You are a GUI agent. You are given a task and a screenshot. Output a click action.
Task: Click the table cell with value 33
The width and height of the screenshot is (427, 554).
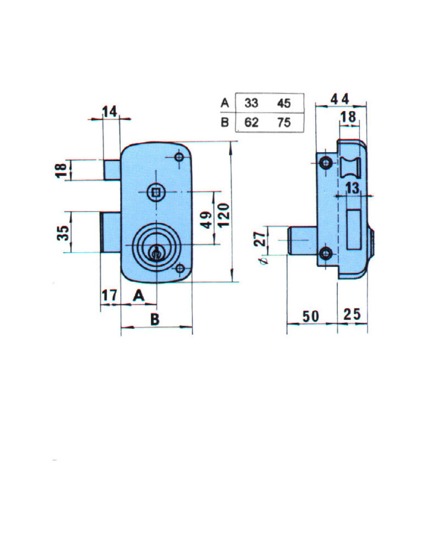pos(251,103)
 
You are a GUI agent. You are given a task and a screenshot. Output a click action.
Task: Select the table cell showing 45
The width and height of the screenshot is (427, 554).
pos(284,103)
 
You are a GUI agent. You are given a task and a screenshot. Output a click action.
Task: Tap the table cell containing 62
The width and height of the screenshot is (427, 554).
pos(251,122)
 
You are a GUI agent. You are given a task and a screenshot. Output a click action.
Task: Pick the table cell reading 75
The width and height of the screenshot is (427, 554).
pos(284,122)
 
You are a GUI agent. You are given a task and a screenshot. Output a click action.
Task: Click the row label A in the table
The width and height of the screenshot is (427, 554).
pos(224,103)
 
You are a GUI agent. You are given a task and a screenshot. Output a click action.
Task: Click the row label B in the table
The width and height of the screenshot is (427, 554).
pos(224,122)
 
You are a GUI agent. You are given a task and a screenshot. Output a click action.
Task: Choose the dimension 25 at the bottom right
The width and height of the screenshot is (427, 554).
pos(352,315)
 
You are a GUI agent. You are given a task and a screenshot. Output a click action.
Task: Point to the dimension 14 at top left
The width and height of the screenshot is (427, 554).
pos(110,112)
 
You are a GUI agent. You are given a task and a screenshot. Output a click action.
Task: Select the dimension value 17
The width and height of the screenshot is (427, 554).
pos(109,296)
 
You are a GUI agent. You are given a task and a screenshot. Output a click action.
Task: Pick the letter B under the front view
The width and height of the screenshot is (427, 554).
pos(155,319)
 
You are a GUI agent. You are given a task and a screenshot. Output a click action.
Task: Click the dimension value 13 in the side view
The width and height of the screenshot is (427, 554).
pos(352,189)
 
